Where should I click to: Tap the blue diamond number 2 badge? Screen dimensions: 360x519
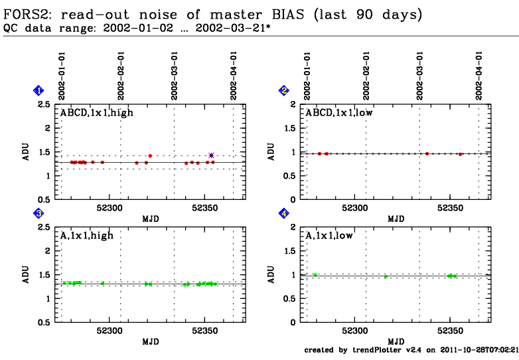coord(284,90)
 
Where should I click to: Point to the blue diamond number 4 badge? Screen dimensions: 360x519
coord(284,213)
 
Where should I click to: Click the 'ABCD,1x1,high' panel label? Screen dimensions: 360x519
coord(97,113)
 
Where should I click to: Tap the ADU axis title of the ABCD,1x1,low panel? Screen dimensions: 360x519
coord(271,151)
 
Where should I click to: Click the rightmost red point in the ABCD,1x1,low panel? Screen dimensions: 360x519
coord(460,154)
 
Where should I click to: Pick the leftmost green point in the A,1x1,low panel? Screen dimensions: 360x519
coord(315,274)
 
